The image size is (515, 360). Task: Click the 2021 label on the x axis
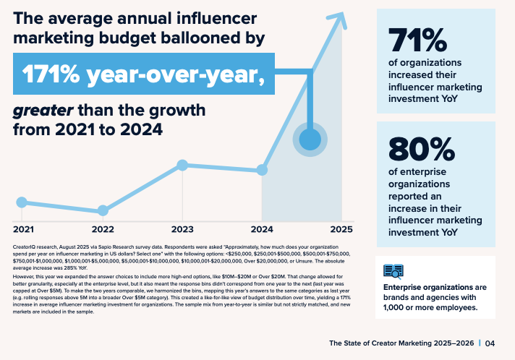coord(24,229)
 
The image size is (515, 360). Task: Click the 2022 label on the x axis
coord(103,229)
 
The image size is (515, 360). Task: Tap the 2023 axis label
coord(182,229)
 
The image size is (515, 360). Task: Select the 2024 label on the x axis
coord(260,229)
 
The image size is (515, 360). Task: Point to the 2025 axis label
coord(340,229)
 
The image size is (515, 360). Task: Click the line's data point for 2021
coord(22,202)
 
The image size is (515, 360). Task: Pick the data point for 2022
coord(103,210)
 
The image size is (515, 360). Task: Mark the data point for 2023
coord(182,166)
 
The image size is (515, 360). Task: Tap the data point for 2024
coord(260,171)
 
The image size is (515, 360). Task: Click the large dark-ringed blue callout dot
coord(310,140)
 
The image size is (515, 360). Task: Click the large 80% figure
coord(421,150)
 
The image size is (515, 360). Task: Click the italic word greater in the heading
coord(41,111)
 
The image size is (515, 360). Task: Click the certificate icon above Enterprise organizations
coord(393,271)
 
